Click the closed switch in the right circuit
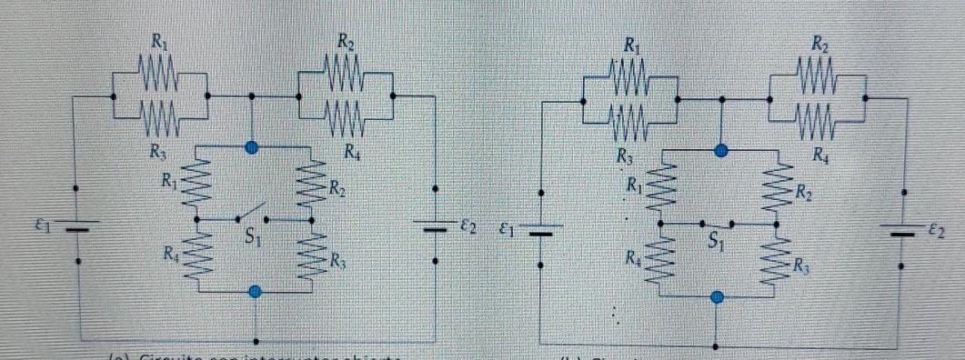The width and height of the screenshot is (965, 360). click(x=718, y=224)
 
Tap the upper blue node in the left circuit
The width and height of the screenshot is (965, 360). click(x=253, y=146)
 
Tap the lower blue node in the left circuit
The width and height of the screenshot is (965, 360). click(x=255, y=291)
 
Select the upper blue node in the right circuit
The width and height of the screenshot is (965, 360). click(x=721, y=151)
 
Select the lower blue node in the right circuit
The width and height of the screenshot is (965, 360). click(x=718, y=296)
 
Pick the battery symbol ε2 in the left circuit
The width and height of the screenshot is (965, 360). click(x=437, y=227)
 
